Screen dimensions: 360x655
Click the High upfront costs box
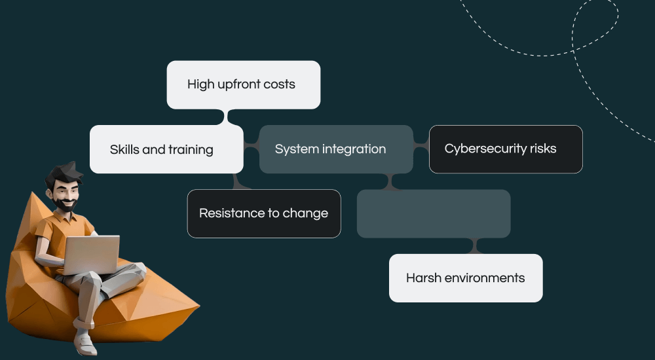(243, 84)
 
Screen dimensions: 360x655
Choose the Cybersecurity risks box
(506, 149)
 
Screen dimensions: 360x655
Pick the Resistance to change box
(264, 213)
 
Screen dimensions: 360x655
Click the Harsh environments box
(466, 278)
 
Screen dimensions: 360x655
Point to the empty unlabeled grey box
(433, 213)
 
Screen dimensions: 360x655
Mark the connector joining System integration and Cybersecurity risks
(421, 149)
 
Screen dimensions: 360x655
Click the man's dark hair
(62, 175)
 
